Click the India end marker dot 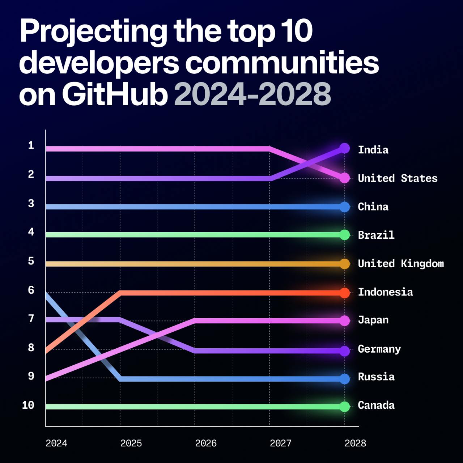click(344, 148)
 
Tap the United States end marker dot click(344, 178)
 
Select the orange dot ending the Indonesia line click(345, 293)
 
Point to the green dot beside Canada click(345, 407)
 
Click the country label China click(373, 207)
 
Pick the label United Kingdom click(400, 264)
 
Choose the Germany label click(379, 349)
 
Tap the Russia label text click(376, 377)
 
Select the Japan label click(373, 320)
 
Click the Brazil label click(376, 235)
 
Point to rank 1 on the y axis click(31, 145)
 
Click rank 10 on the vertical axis click(28, 405)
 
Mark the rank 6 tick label click(31, 290)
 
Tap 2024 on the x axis click(56, 443)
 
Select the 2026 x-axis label click(206, 443)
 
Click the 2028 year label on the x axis click(355, 443)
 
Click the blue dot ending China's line click(345, 207)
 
